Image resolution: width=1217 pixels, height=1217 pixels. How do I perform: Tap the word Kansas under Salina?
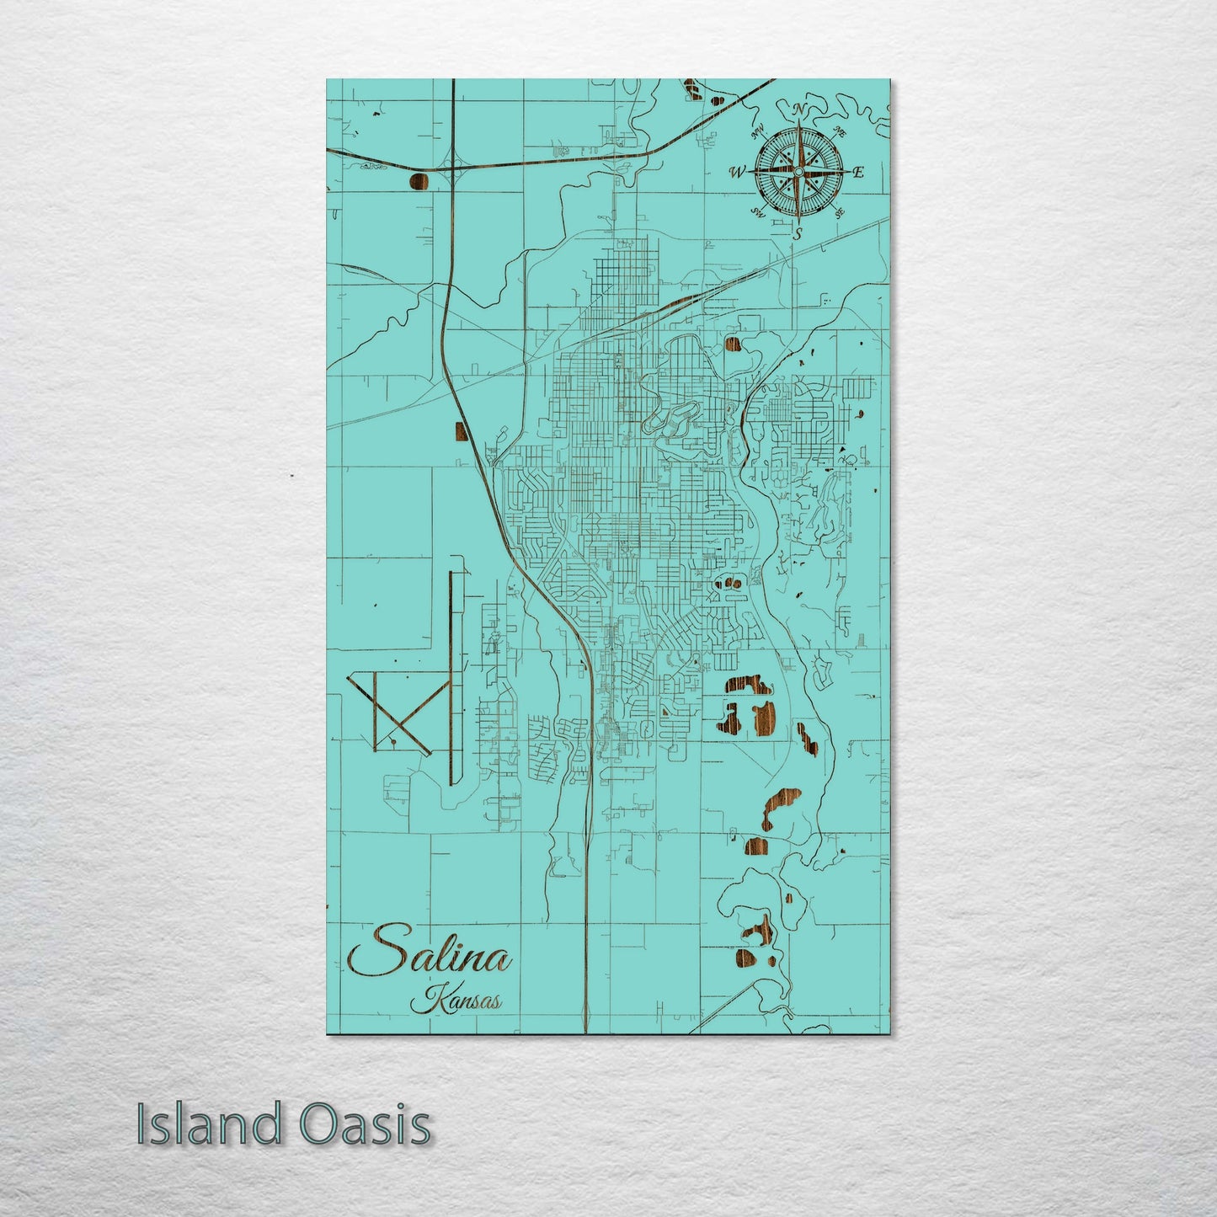pyautogui.click(x=456, y=1002)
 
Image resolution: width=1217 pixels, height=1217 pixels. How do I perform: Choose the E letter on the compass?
pyautogui.click(x=858, y=173)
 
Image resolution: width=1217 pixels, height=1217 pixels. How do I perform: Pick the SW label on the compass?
pyautogui.click(x=757, y=211)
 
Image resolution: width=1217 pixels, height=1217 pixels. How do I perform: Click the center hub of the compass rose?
pyautogui.click(x=798, y=172)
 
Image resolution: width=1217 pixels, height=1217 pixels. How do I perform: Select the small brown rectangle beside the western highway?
pyautogui.click(x=461, y=431)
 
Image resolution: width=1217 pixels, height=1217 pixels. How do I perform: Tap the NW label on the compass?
pyautogui.click(x=757, y=131)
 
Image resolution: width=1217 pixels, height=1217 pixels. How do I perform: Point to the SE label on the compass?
pyautogui.click(x=839, y=213)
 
